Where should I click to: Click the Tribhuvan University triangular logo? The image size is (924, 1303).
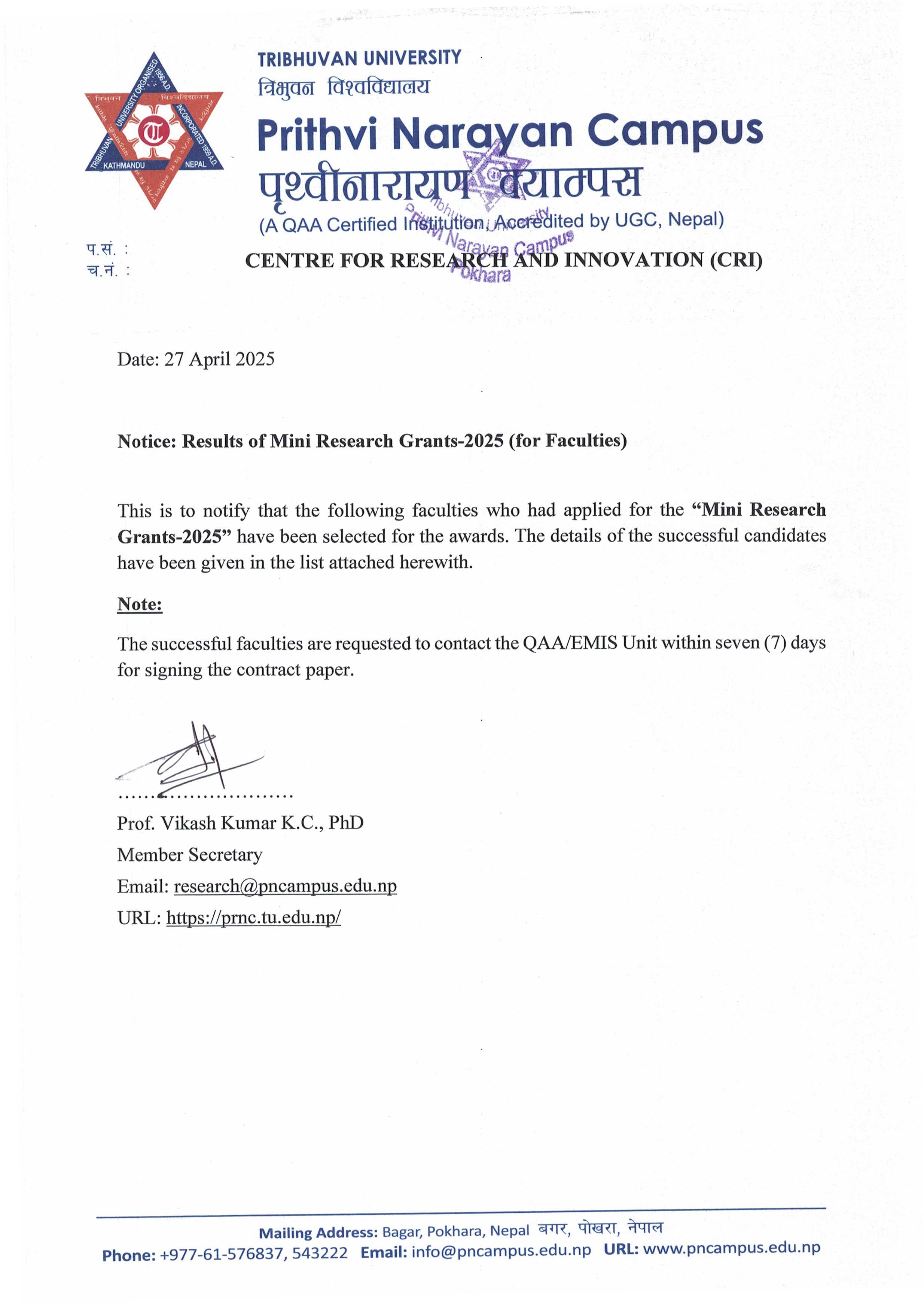154,131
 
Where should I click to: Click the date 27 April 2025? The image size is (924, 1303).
219,359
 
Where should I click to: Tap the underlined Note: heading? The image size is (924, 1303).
140,604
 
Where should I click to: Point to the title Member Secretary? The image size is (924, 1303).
189,854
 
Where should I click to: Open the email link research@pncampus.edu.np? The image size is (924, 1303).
285,886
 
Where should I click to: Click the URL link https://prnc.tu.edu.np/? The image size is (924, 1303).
253,917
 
